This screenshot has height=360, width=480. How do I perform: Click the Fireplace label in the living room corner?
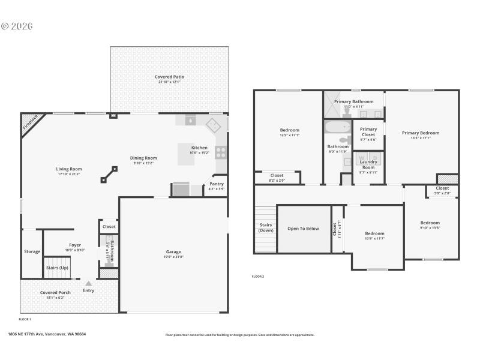[31, 122]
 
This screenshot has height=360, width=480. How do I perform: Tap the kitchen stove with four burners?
[221, 152]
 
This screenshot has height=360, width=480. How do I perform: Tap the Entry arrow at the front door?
[88, 283]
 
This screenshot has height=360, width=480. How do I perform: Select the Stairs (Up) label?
[57, 268]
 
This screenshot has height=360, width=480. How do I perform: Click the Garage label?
[173, 251]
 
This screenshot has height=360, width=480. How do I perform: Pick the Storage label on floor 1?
[32, 251]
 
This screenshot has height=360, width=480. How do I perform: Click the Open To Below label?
[303, 229]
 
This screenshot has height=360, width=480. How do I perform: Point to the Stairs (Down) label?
[265, 227]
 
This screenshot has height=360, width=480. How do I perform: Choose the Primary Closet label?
[368, 131]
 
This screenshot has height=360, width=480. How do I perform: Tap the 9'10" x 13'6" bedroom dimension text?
[430, 228]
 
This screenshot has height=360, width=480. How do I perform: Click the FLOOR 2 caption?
[257, 277]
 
